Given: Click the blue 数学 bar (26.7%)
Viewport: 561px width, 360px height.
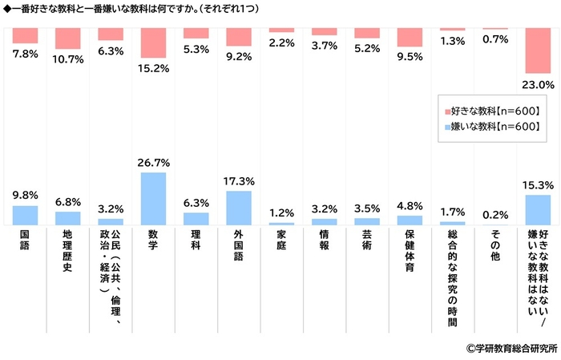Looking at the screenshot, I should pos(153,199).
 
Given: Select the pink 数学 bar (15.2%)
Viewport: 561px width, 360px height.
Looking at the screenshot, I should pos(153,42).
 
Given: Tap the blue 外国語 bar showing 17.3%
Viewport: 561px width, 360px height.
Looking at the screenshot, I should pos(239,208).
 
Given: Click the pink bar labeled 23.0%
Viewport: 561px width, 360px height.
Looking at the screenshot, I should pos(538,51).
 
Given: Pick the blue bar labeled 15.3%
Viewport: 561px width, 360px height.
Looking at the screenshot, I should pos(538,210).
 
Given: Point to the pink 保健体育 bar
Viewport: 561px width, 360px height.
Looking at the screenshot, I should pos(410,38).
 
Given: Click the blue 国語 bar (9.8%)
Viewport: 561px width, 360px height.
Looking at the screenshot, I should pos(25,215).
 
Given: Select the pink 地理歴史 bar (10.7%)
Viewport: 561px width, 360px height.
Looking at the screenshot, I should pos(67,38).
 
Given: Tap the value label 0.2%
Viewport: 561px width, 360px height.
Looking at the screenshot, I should pos(495,214).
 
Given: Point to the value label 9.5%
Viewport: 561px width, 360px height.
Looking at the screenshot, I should pos(410,57).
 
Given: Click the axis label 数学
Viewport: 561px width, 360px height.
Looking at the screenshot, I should pos(153,239).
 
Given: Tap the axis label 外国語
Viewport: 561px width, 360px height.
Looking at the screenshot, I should pos(239,244).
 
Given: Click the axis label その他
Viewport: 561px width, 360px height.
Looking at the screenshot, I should pos(495,244).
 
